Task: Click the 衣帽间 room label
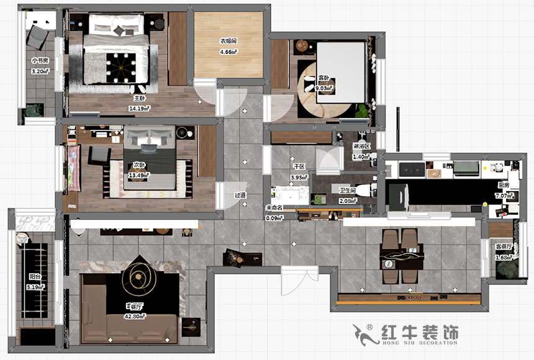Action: point(228,41)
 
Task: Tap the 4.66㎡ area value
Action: point(228,52)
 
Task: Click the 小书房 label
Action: point(40,61)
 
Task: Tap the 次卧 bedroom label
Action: point(139,166)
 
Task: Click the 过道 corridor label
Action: point(240,195)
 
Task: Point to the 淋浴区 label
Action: point(361,146)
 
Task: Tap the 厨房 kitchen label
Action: point(503,185)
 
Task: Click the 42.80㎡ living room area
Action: point(135,316)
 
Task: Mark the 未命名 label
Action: point(274,208)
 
